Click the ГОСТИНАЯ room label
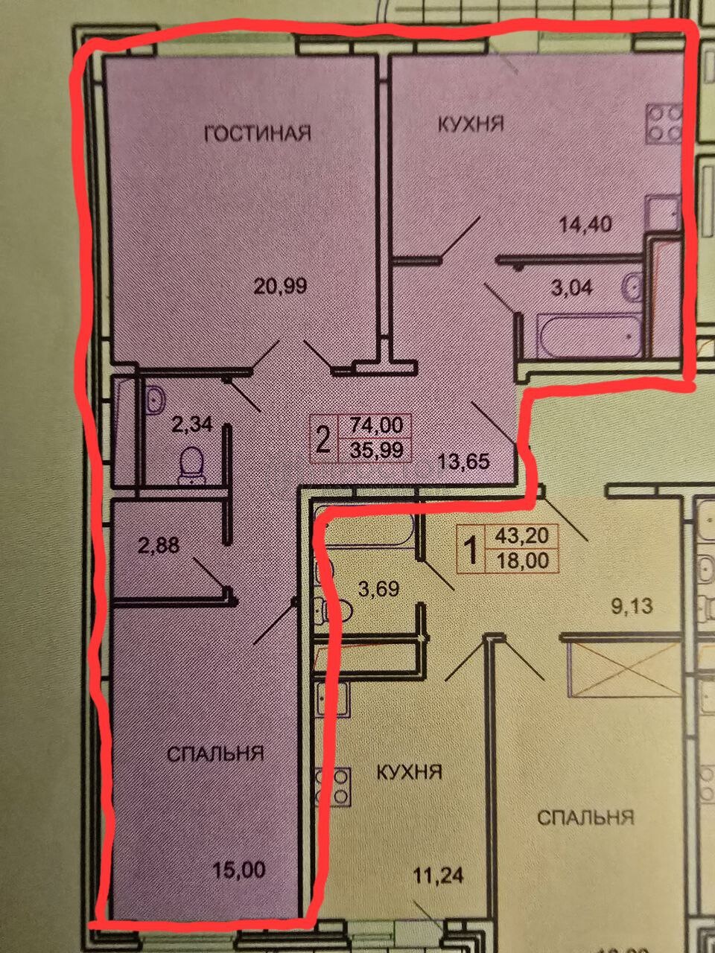pos(258,133)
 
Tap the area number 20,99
pos(281,287)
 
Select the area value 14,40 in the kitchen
pos(585,224)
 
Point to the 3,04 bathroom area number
pos(571,288)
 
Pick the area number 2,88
pos(159,546)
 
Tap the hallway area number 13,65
pos(464,461)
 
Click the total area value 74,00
pos(376,425)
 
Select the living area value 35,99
pos(376,450)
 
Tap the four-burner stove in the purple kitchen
pos(664,124)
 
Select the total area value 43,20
pos(522,535)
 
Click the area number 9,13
pos(632,607)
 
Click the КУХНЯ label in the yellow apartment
pos(409,772)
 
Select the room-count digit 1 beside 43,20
pos(471,549)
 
